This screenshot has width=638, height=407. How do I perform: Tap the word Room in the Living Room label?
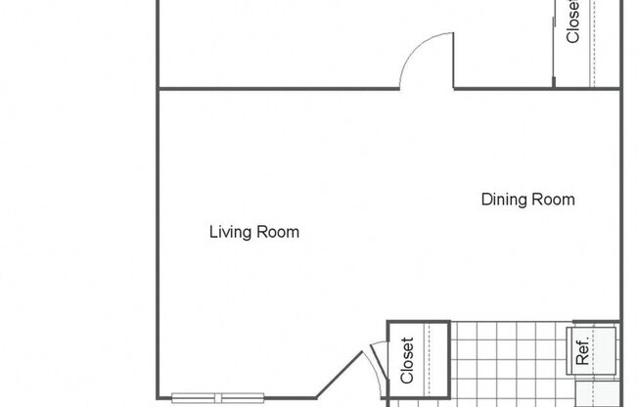coord(278,233)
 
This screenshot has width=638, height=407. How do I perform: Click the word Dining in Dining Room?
coord(504,200)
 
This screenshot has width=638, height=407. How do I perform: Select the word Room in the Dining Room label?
coord(553,200)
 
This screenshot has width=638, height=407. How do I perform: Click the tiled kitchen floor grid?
coord(509,362)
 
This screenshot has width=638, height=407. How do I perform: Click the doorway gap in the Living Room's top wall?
coord(426,88)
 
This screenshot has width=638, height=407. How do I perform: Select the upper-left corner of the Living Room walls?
coord(159,89)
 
